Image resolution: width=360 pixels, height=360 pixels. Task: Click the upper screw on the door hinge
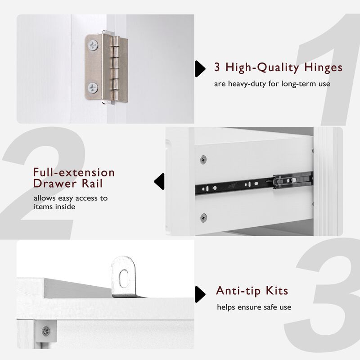coord(93,45)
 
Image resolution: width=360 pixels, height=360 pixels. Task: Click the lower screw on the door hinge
coord(93,88)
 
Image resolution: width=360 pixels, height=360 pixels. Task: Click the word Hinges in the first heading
coord(323,68)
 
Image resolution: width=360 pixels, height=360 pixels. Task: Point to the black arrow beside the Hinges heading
coord(200,69)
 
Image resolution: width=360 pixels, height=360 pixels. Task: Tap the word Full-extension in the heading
coord(74,172)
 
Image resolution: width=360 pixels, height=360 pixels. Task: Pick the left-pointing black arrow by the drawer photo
coord(159,181)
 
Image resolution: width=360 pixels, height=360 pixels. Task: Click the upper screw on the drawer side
coord(203,159)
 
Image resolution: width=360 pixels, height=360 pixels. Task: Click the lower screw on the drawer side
coord(203,217)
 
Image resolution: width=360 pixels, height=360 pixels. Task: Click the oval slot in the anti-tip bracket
coord(124,278)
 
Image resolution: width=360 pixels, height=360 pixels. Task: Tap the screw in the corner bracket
coord(46,331)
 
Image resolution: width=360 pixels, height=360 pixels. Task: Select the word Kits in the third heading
coord(277,291)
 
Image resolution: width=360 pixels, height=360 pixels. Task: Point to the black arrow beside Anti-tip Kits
coord(200,294)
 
